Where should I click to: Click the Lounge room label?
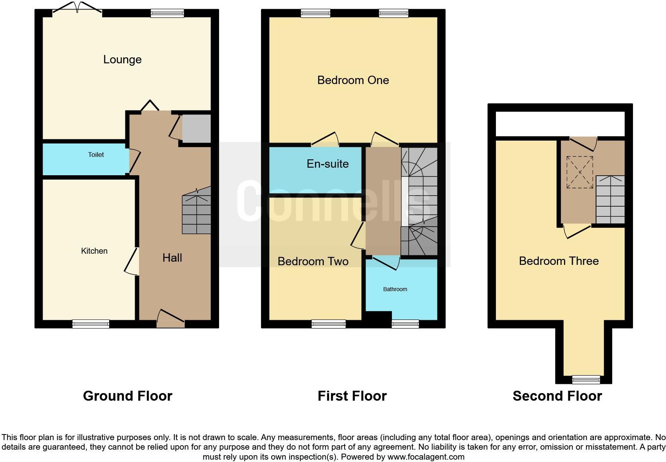[122, 59]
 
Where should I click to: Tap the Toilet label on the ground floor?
[96, 155]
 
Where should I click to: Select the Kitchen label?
[94, 251]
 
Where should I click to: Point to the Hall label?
[172, 258]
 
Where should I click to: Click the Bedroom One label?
[353, 80]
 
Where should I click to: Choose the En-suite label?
[327, 164]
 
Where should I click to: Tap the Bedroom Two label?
[313, 261]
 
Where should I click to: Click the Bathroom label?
[395, 289]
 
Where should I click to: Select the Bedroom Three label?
[558, 261]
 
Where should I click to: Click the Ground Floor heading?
[127, 396]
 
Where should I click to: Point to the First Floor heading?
[352, 396]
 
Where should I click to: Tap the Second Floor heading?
[557, 396]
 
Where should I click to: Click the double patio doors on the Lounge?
[77, 9]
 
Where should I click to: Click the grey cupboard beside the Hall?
[196, 128]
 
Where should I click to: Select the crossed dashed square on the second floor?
[580, 172]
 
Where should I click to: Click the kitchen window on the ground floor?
[91, 324]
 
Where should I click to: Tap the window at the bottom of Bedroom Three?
[586, 379]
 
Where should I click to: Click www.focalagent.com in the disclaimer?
[426, 457]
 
